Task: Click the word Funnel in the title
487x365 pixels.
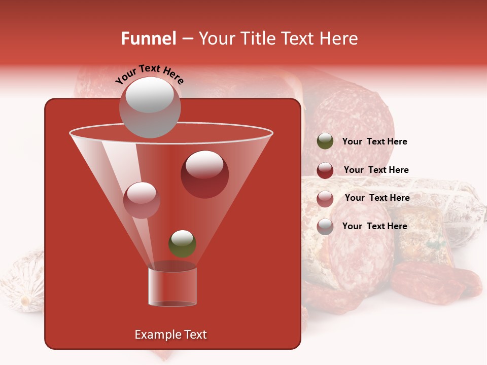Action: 149,39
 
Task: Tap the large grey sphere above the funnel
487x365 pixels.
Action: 150,107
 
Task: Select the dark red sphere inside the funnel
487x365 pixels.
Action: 204,174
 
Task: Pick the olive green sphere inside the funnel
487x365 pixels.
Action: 182,244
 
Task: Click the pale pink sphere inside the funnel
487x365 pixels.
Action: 142,200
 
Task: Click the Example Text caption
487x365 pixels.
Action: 170,335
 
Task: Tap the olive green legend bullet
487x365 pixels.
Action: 325,141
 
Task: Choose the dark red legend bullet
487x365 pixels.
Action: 325,170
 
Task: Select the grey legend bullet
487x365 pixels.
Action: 325,226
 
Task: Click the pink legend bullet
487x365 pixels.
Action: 325,198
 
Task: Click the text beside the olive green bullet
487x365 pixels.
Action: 374,141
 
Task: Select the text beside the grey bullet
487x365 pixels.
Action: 374,226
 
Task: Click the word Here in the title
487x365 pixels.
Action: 339,39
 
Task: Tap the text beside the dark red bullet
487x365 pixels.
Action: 376,170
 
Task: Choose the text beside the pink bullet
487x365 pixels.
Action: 377,198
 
